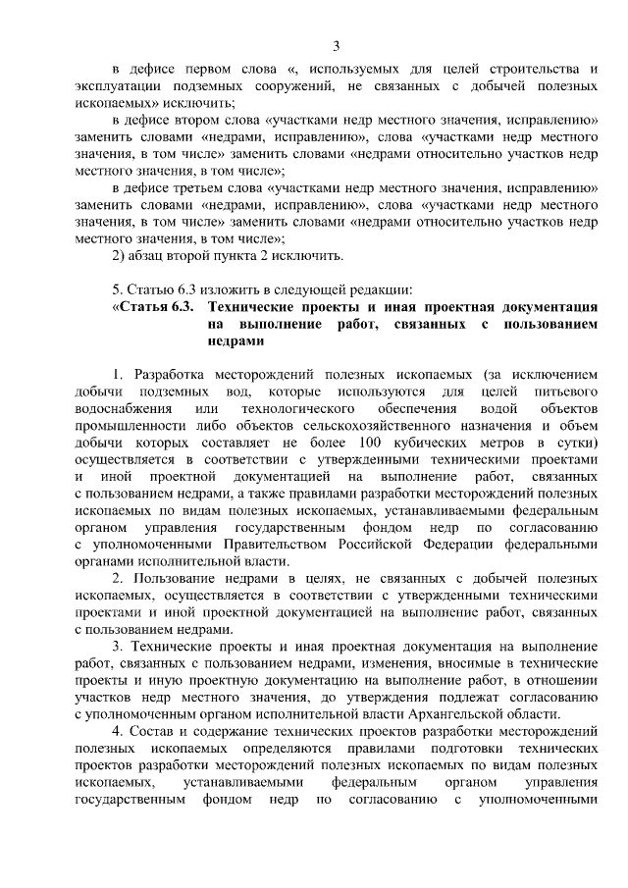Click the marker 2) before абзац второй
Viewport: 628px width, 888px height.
pyautogui.click(x=121, y=257)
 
